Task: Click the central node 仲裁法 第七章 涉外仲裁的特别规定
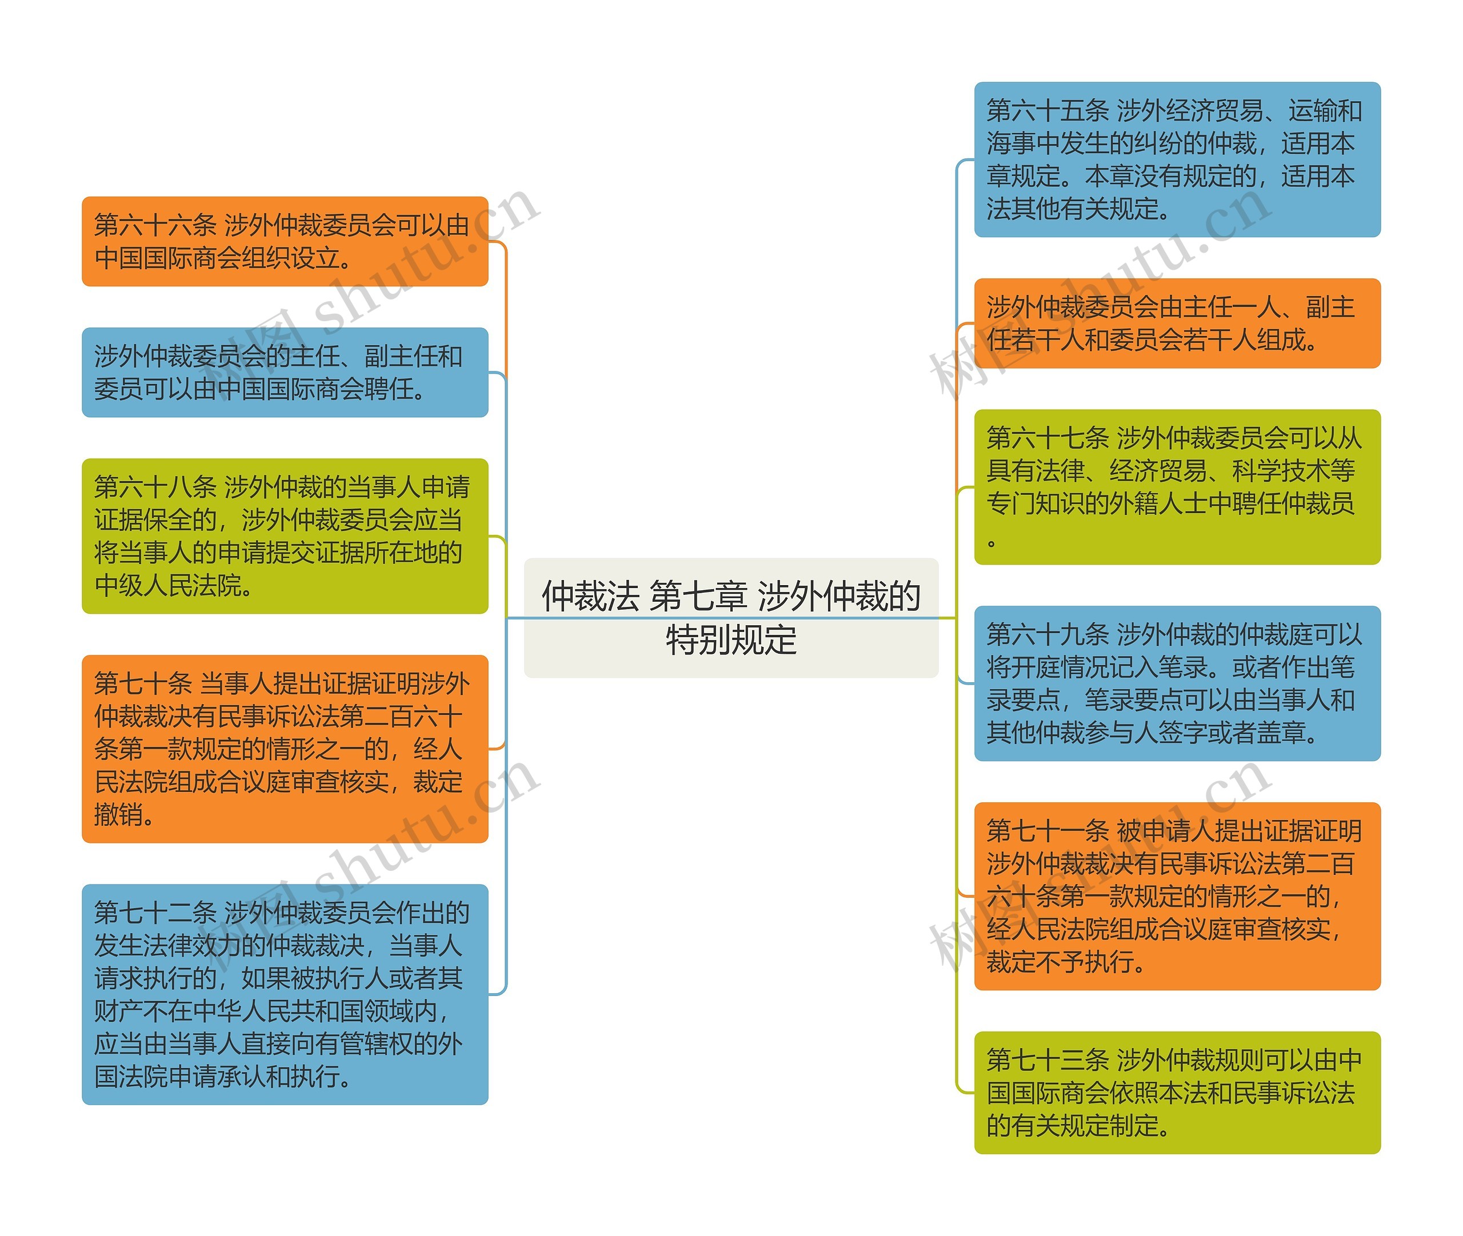point(731,617)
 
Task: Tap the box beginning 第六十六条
point(285,241)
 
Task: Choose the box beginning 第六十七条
point(1177,486)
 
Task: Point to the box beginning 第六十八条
point(285,535)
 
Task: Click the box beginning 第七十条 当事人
point(285,749)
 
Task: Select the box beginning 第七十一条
point(1177,895)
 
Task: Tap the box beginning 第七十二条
point(285,994)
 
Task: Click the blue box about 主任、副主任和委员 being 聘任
point(285,372)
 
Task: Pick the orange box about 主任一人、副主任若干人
point(1177,323)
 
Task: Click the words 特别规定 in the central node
point(731,640)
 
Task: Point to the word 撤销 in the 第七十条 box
point(118,814)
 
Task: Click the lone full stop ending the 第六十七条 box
point(992,542)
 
